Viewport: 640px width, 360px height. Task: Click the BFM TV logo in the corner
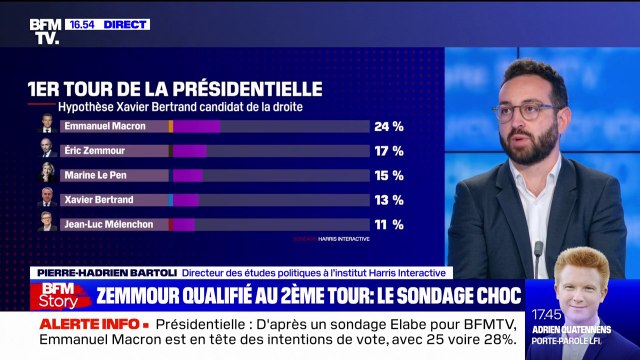tap(45, 31)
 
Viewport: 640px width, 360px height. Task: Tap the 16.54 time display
tap(85, 24)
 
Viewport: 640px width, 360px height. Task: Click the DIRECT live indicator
tap(128, 24)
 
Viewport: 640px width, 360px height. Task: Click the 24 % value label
tap(389, 127)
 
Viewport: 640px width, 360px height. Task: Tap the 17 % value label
tap(389, 151)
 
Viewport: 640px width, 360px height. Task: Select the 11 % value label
tap(389, 224)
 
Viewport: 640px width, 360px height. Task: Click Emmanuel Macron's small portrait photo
tap(47, 126)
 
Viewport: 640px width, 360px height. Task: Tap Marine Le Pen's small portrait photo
tap(47, 174)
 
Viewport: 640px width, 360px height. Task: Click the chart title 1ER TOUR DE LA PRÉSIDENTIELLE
tap(175, 89)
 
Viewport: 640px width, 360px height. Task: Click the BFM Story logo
tap(59, 295)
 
